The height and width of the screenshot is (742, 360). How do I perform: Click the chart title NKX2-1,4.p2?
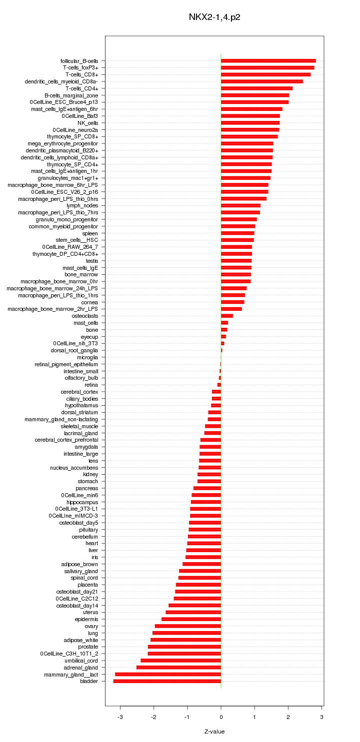[214, 17]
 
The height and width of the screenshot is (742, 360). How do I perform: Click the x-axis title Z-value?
[214, 732]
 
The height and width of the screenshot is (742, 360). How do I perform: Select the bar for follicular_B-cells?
[268, 60]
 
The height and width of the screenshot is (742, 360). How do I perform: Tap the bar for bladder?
[167, 681]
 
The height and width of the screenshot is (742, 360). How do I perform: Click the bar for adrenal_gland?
[178, 667]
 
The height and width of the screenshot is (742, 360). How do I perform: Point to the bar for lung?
[186, 633]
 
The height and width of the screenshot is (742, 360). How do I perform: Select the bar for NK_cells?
[250, 122]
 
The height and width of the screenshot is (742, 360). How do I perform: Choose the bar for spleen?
[237, 233]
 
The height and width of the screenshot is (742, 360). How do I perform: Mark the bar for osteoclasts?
[227, 316]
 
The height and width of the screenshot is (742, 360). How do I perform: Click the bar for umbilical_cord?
[180, 660]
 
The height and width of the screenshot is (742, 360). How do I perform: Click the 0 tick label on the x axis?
[221, 718]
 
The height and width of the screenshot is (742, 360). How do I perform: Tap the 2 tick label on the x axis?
[288, 718]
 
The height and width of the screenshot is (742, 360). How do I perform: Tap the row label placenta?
[87, 585]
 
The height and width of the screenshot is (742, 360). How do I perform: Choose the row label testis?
[92, 261]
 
